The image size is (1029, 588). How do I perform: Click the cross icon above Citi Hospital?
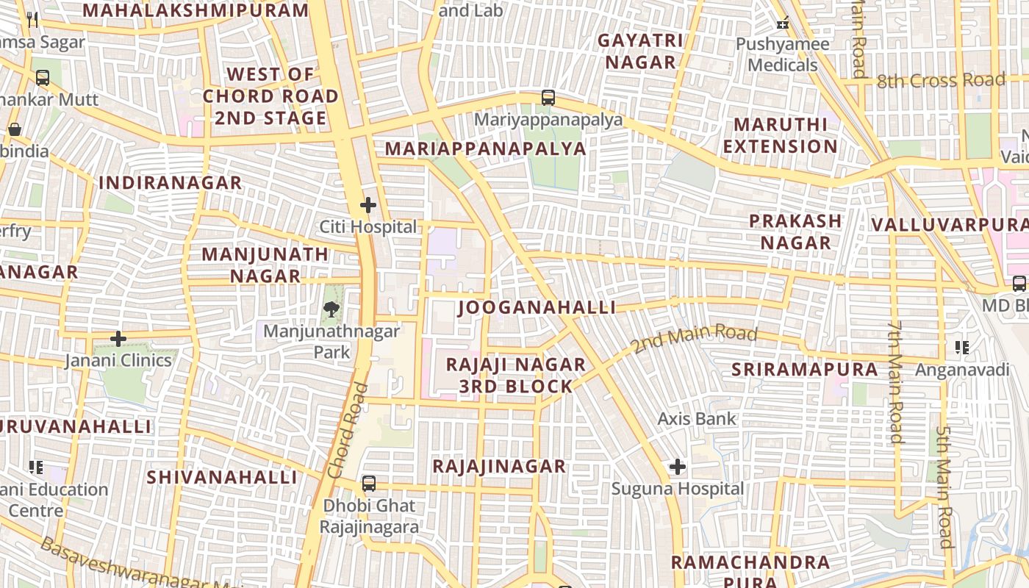(368, 205)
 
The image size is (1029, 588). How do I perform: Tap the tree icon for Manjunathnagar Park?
(332, 309)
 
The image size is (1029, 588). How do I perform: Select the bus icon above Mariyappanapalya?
(548, 98)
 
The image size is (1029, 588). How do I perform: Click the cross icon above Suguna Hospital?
(678, 467)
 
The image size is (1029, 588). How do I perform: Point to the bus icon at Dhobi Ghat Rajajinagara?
(369, 484)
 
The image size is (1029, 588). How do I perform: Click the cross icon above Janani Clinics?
(118, 339)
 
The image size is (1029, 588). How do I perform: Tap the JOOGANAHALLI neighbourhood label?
(537, 307)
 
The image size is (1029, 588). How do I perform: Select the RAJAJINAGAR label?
(499, 466)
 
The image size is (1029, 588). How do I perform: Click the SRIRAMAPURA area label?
(804, 370)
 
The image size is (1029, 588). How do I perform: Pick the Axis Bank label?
(697, 419)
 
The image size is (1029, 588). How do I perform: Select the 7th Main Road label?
(894, 382)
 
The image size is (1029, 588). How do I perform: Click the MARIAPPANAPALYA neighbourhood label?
(486, 149)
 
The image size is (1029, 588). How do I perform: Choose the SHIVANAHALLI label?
(222, 477)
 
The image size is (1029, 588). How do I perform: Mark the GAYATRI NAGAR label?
(640, 51)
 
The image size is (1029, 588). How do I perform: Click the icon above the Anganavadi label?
(961, 347)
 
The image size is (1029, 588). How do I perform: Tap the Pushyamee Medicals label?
(783, 54)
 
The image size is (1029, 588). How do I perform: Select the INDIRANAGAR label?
(171, 183)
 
